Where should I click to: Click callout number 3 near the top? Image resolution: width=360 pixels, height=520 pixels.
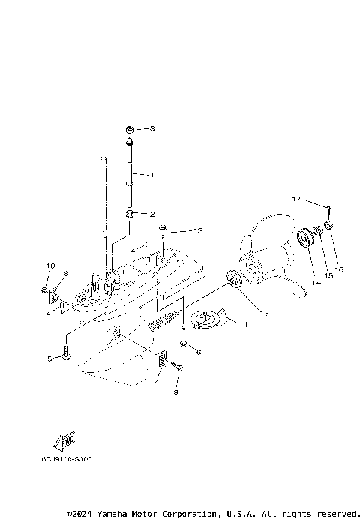(152, 129)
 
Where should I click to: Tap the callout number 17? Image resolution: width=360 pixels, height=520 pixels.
(296, 199)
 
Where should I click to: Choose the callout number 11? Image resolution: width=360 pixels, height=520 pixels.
(242, 325)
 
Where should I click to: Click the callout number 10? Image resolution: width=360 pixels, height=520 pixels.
(51, 266)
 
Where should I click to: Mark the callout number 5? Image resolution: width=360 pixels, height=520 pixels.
(50, 359)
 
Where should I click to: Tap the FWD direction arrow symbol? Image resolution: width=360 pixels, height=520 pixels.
(64, 440)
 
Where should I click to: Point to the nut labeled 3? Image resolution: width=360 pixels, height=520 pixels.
(129, 129)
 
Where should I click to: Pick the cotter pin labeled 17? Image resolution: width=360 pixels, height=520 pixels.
(328, 208)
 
